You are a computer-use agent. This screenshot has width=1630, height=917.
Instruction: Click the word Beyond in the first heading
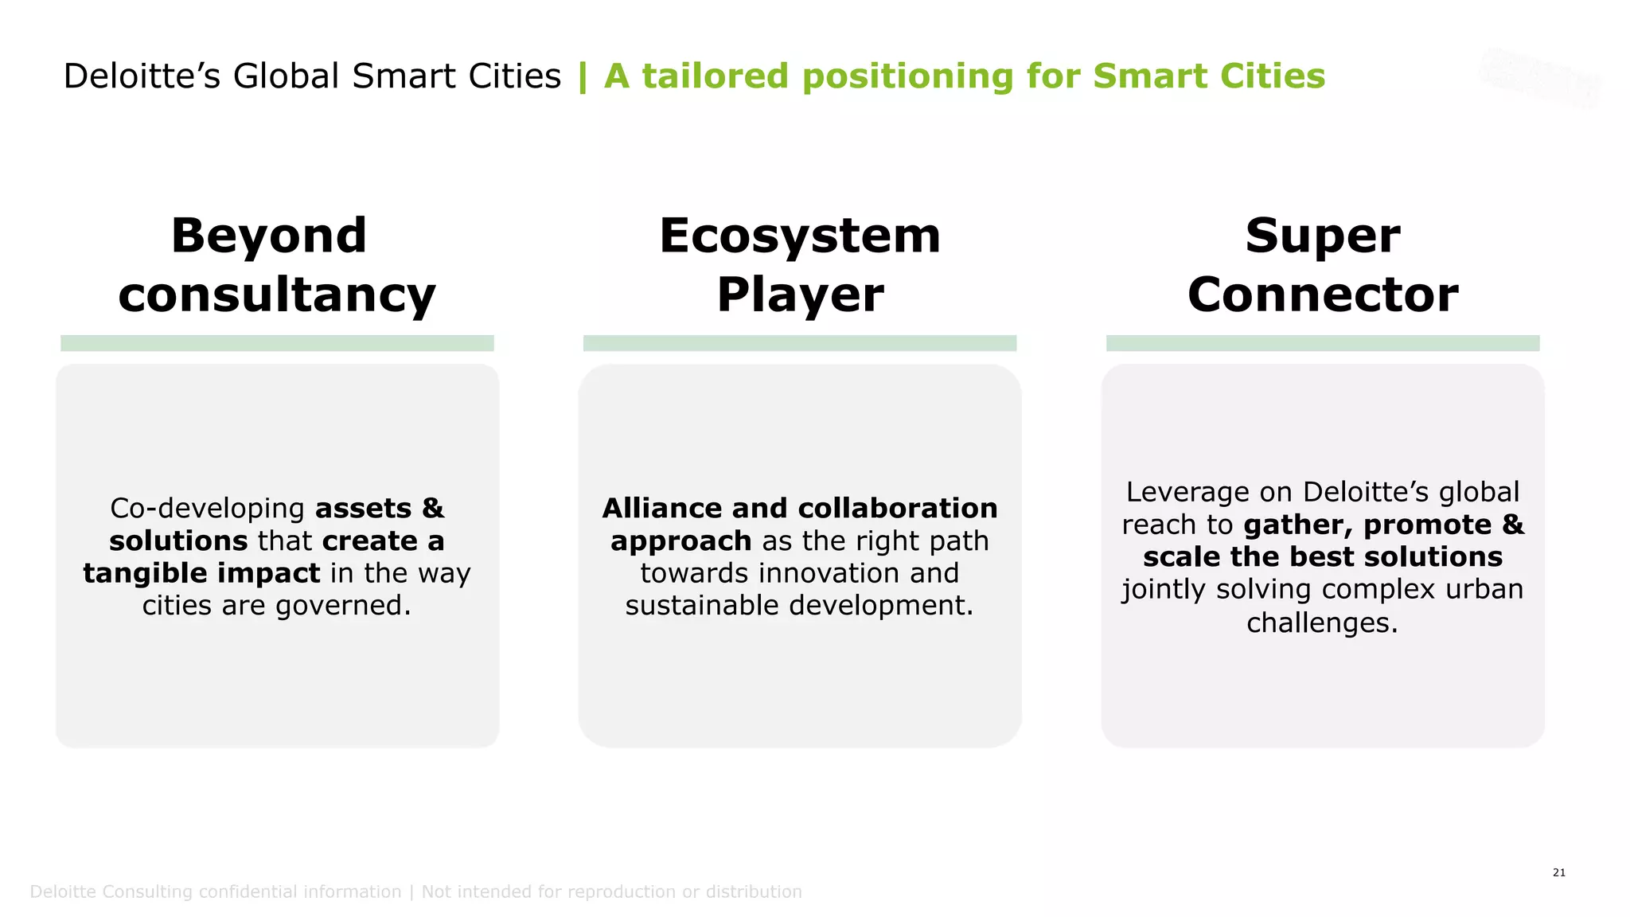point(269,236)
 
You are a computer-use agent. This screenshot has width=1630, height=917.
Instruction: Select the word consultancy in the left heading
point(277,295)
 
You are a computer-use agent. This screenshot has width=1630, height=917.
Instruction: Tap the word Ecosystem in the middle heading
point(800,236)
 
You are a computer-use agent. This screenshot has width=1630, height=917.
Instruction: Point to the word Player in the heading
point(800,295)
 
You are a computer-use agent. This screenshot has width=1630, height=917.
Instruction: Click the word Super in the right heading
point(1323,236)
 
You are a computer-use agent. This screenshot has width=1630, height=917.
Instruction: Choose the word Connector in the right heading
point(1323,295)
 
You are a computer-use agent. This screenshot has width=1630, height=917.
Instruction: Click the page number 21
point(1558,872)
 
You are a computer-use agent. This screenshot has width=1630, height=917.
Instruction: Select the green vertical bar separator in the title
point(583,76)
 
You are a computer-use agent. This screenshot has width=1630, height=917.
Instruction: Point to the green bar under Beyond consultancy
point(277,343)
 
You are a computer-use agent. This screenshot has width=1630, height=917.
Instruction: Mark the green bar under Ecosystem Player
point(800,343)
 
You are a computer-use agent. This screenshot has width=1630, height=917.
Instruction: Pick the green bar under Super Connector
point(1323,343)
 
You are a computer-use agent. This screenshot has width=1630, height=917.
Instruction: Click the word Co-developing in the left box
point(207,509)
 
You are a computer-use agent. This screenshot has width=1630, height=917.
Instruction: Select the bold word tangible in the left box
point(143,573)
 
